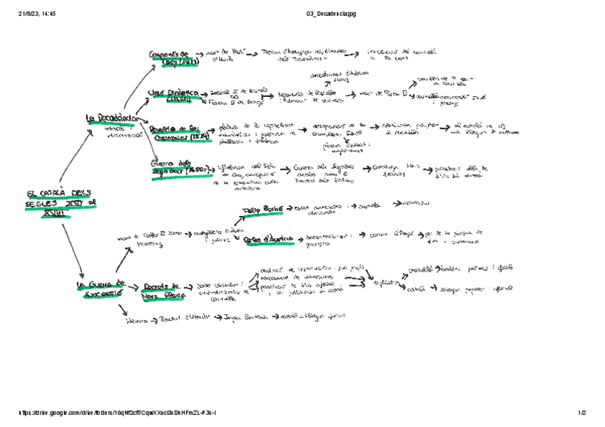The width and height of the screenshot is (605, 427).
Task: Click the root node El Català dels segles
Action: click(x=61, y=201)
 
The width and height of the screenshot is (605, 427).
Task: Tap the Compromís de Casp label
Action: click(x=173, y=58)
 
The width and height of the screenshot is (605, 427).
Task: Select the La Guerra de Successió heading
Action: click(x=101, y=288)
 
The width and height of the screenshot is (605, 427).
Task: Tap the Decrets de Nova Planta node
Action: click(x=163, y=289)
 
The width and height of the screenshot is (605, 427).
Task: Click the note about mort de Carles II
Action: click(x=139, y=240)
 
